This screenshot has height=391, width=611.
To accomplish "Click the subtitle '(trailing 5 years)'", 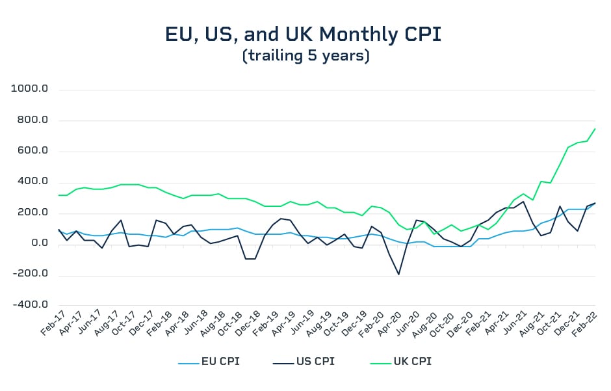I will pyautogui.click(x=305, y=57).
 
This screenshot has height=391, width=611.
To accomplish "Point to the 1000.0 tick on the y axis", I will pyautogui.click(x=31, y=90).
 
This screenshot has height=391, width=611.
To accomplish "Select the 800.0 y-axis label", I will pyautogui.click(x=32, y=120).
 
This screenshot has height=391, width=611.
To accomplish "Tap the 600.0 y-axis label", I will pyautogui.click(x=32, y=151).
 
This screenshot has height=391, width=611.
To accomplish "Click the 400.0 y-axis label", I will pyautogui.click(x=32, y=182).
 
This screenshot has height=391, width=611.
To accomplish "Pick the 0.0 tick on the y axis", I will pyautogui.click(x=38, y=243).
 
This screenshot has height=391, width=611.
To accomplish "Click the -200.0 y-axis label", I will pyautogui.click(x=31, y=274).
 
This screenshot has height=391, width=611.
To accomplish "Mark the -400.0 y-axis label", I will pyautogui.click(x=31, y=304).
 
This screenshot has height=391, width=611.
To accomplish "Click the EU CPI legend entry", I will pyautogui.click(x=209, y=361).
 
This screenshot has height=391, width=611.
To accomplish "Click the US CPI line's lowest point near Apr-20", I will pyautogui.click(x=398, y=274).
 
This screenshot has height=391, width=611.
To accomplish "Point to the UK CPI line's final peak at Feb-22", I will pyautogui.click(x=595, y=129).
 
